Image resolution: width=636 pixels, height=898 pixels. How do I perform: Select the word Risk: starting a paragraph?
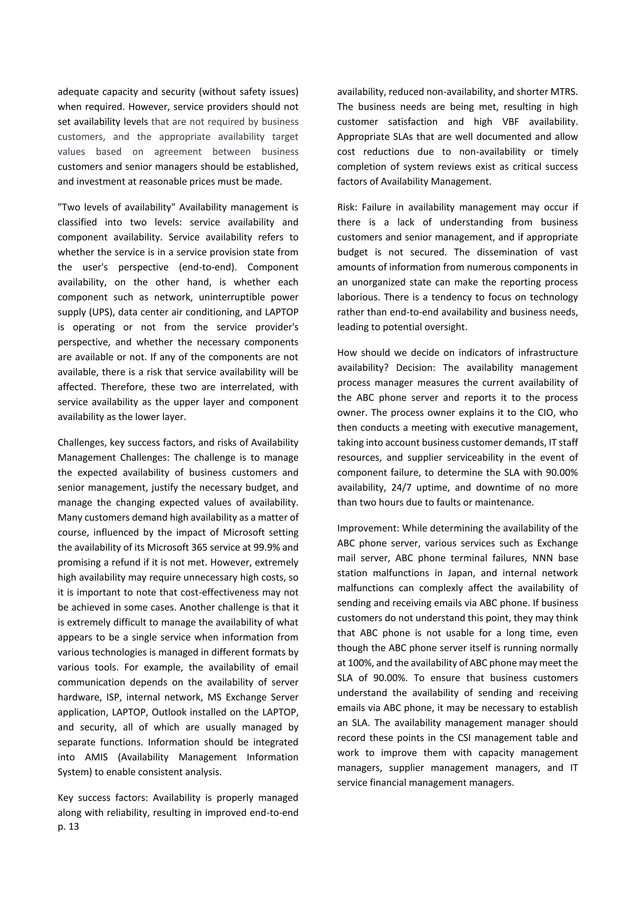348,207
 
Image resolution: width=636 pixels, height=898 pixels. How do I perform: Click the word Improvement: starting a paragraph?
368,528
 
